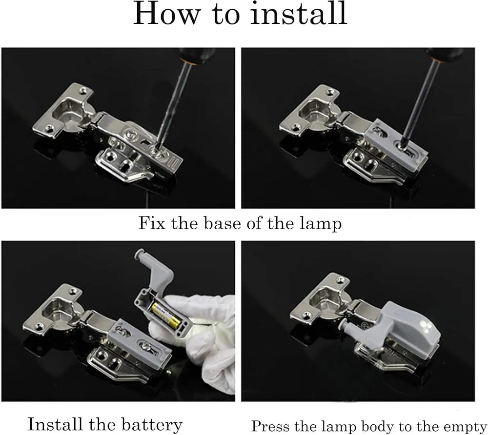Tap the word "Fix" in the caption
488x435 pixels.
tap(151, 223)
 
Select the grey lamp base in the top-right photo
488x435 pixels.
tap(396, 144)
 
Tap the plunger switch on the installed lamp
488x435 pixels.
tap(348, 326)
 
